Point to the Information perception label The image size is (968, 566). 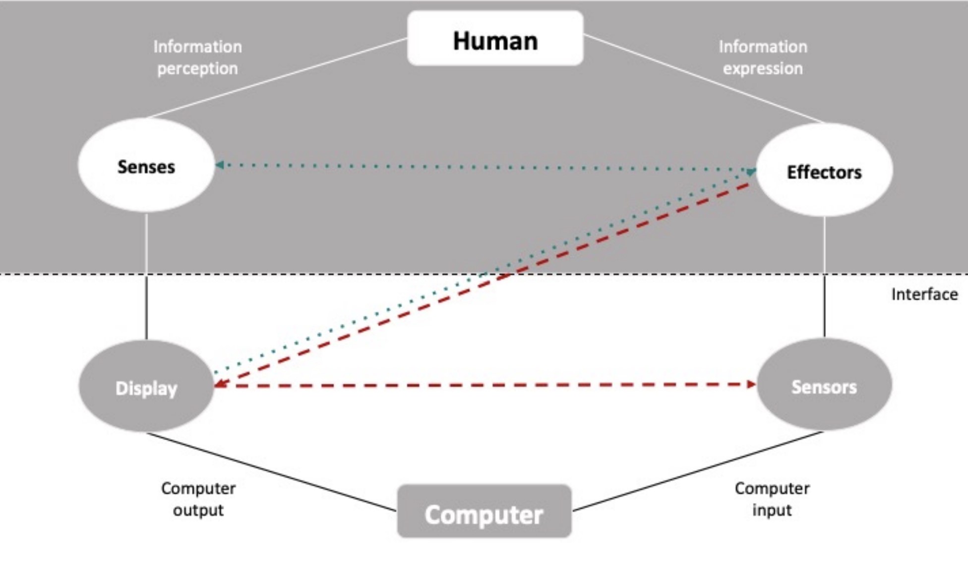coord(197,57)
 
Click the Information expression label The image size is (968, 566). coord(763,57)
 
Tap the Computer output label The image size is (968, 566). coord(198,499)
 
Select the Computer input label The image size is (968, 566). coord(772,499)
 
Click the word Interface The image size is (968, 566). coord(924,294)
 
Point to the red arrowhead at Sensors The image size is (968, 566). coord(751,384)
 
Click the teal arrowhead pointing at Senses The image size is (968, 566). coord(220,165)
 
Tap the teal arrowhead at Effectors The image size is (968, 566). coord(751,171)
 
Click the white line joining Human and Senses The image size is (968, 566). coord(278,78)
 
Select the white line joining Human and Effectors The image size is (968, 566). coord(704,78)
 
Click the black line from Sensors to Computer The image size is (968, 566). coord(697,471)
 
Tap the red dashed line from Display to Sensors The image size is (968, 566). coord(486,385)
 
